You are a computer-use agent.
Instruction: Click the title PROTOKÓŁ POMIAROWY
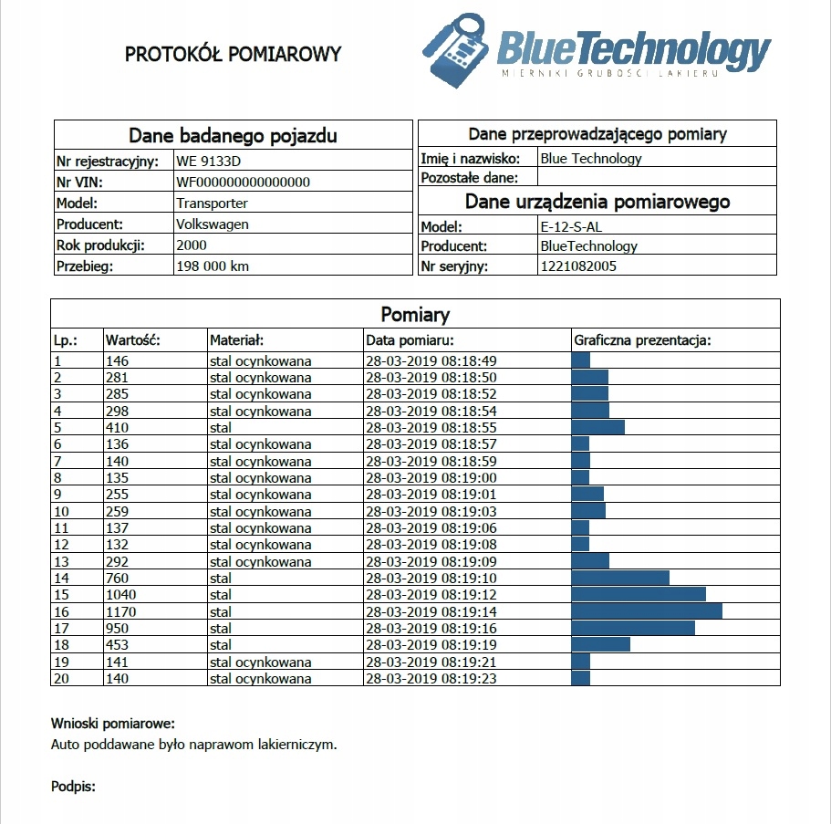(x=233, y=54)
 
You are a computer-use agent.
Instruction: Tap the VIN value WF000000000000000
(x=243, y=183)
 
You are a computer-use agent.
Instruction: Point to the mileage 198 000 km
(x=213, y=266)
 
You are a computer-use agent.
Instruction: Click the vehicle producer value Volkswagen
(x=213, y=224)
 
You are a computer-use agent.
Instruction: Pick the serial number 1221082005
(x=578, y=266)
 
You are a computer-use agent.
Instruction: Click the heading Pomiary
(x=415, y=316)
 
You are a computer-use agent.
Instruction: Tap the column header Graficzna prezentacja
(x=642, y=340)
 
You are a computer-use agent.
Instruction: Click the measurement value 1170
(x=121, y=612)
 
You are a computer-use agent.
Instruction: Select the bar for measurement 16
(x=647, y=611)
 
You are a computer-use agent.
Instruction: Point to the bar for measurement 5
(x=597, y=427)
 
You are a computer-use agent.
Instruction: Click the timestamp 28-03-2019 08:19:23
(x=431, y=679)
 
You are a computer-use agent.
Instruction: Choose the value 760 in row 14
(x=118, y=579)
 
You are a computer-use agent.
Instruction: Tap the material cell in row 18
(x=221, y=645)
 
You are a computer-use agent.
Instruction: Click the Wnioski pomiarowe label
(x=112, y=725)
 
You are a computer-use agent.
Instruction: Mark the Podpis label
(x=73, y=786)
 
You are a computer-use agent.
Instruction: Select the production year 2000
(x=192, y=245)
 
